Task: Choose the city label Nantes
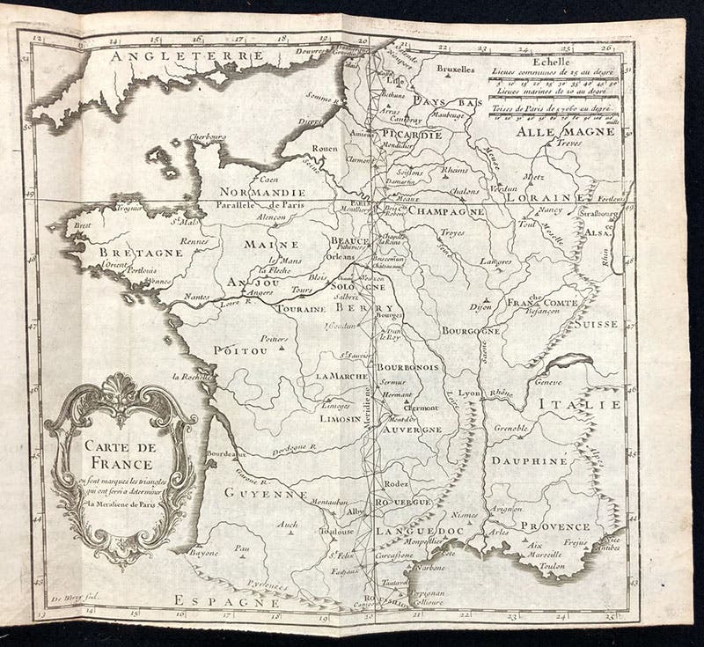coord(197,298)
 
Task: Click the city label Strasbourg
coord(600,214)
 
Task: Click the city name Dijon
coord(480,307)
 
